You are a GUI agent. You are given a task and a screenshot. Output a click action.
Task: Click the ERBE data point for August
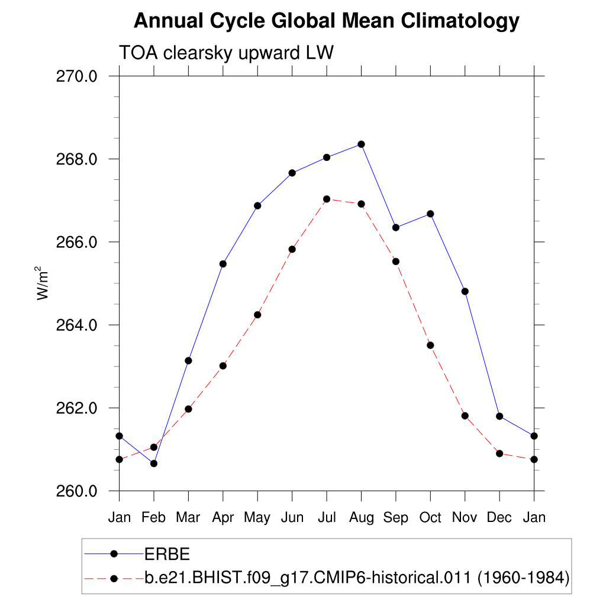(361, 144)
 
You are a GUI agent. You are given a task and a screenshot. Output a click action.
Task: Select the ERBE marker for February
(154, 463)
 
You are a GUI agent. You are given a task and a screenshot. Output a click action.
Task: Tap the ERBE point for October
(430, 214)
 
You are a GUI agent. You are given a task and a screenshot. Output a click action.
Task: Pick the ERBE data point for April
(223, 264)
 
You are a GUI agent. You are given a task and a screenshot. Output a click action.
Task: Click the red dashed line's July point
(327, 199)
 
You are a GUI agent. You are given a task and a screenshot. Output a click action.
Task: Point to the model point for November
(465, 416)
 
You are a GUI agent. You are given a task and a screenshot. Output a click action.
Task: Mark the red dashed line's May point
(257, 315)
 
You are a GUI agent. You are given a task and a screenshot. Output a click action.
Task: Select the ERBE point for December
(499, 417)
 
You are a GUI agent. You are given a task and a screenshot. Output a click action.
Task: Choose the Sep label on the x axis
(395, 518)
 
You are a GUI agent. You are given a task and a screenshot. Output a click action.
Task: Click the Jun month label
(292, 518)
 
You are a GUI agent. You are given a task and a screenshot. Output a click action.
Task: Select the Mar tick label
(188, 518)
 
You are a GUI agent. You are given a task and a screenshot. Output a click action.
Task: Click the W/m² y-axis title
(43, 284)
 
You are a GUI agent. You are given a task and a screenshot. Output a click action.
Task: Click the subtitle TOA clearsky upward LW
(227, 53)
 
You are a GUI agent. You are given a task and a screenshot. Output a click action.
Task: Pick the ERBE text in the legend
(167, 554)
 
